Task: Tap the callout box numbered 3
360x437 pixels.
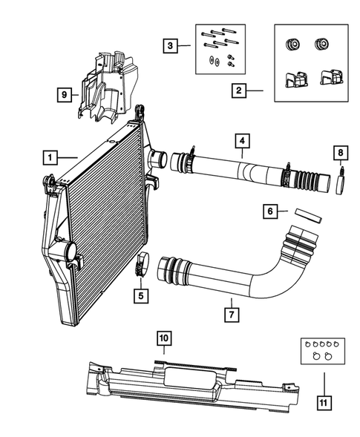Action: coord(171,46)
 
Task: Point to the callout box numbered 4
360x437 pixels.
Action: coord(242,140)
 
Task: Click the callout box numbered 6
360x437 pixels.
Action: coord(271,212)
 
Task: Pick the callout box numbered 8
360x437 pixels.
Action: coord(340,154)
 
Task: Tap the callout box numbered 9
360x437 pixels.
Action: coord(66,94)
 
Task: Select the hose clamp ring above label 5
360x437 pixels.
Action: coord(141,263)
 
